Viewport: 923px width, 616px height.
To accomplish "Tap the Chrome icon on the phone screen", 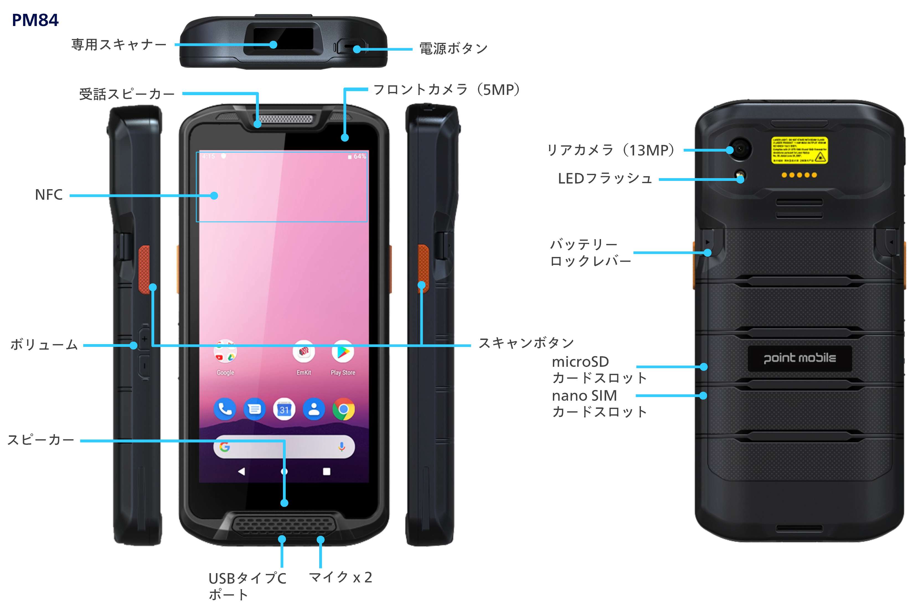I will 343,409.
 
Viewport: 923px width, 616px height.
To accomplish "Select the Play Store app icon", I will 343,352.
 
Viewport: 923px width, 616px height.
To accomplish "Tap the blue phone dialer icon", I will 225,409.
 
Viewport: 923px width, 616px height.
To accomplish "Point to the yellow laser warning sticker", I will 799,150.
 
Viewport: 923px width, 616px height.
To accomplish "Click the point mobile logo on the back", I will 800,358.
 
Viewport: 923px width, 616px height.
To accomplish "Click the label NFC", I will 49,195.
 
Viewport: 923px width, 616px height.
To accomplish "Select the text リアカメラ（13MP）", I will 611,150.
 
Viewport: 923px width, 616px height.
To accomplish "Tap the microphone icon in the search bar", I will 342,447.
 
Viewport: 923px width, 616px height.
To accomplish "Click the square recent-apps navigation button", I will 326,471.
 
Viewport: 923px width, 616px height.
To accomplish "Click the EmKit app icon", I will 303,352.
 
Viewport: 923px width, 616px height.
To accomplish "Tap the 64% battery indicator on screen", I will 357,156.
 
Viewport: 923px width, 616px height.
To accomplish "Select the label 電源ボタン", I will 453,49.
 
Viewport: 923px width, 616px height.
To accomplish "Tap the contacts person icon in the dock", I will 314,409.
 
